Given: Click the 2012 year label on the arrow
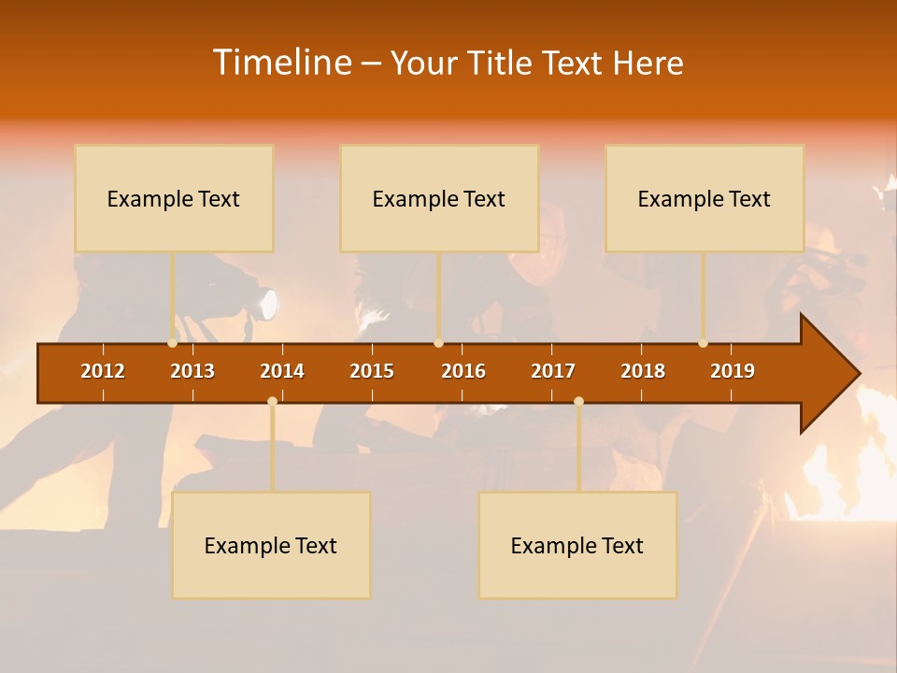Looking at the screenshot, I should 103,371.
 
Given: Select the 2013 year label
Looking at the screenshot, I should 192,371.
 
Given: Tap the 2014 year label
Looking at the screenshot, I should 282,371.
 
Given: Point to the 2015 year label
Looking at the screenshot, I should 372,371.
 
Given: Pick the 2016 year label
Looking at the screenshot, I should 463,371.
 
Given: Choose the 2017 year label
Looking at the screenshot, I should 553,371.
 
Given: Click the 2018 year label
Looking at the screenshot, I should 643,371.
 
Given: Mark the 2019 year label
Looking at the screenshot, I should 733,371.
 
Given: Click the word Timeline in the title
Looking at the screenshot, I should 282,63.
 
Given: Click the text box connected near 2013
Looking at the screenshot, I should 174,198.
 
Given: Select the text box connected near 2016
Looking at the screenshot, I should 439,198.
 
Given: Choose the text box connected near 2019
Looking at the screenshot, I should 705,198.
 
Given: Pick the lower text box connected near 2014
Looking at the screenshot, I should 271,545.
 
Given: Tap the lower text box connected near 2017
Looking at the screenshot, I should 577,545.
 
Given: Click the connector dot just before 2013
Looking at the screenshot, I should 173,343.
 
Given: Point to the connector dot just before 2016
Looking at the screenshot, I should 438,343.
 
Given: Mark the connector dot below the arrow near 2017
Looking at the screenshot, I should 578,401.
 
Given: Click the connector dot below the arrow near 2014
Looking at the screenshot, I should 272,401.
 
